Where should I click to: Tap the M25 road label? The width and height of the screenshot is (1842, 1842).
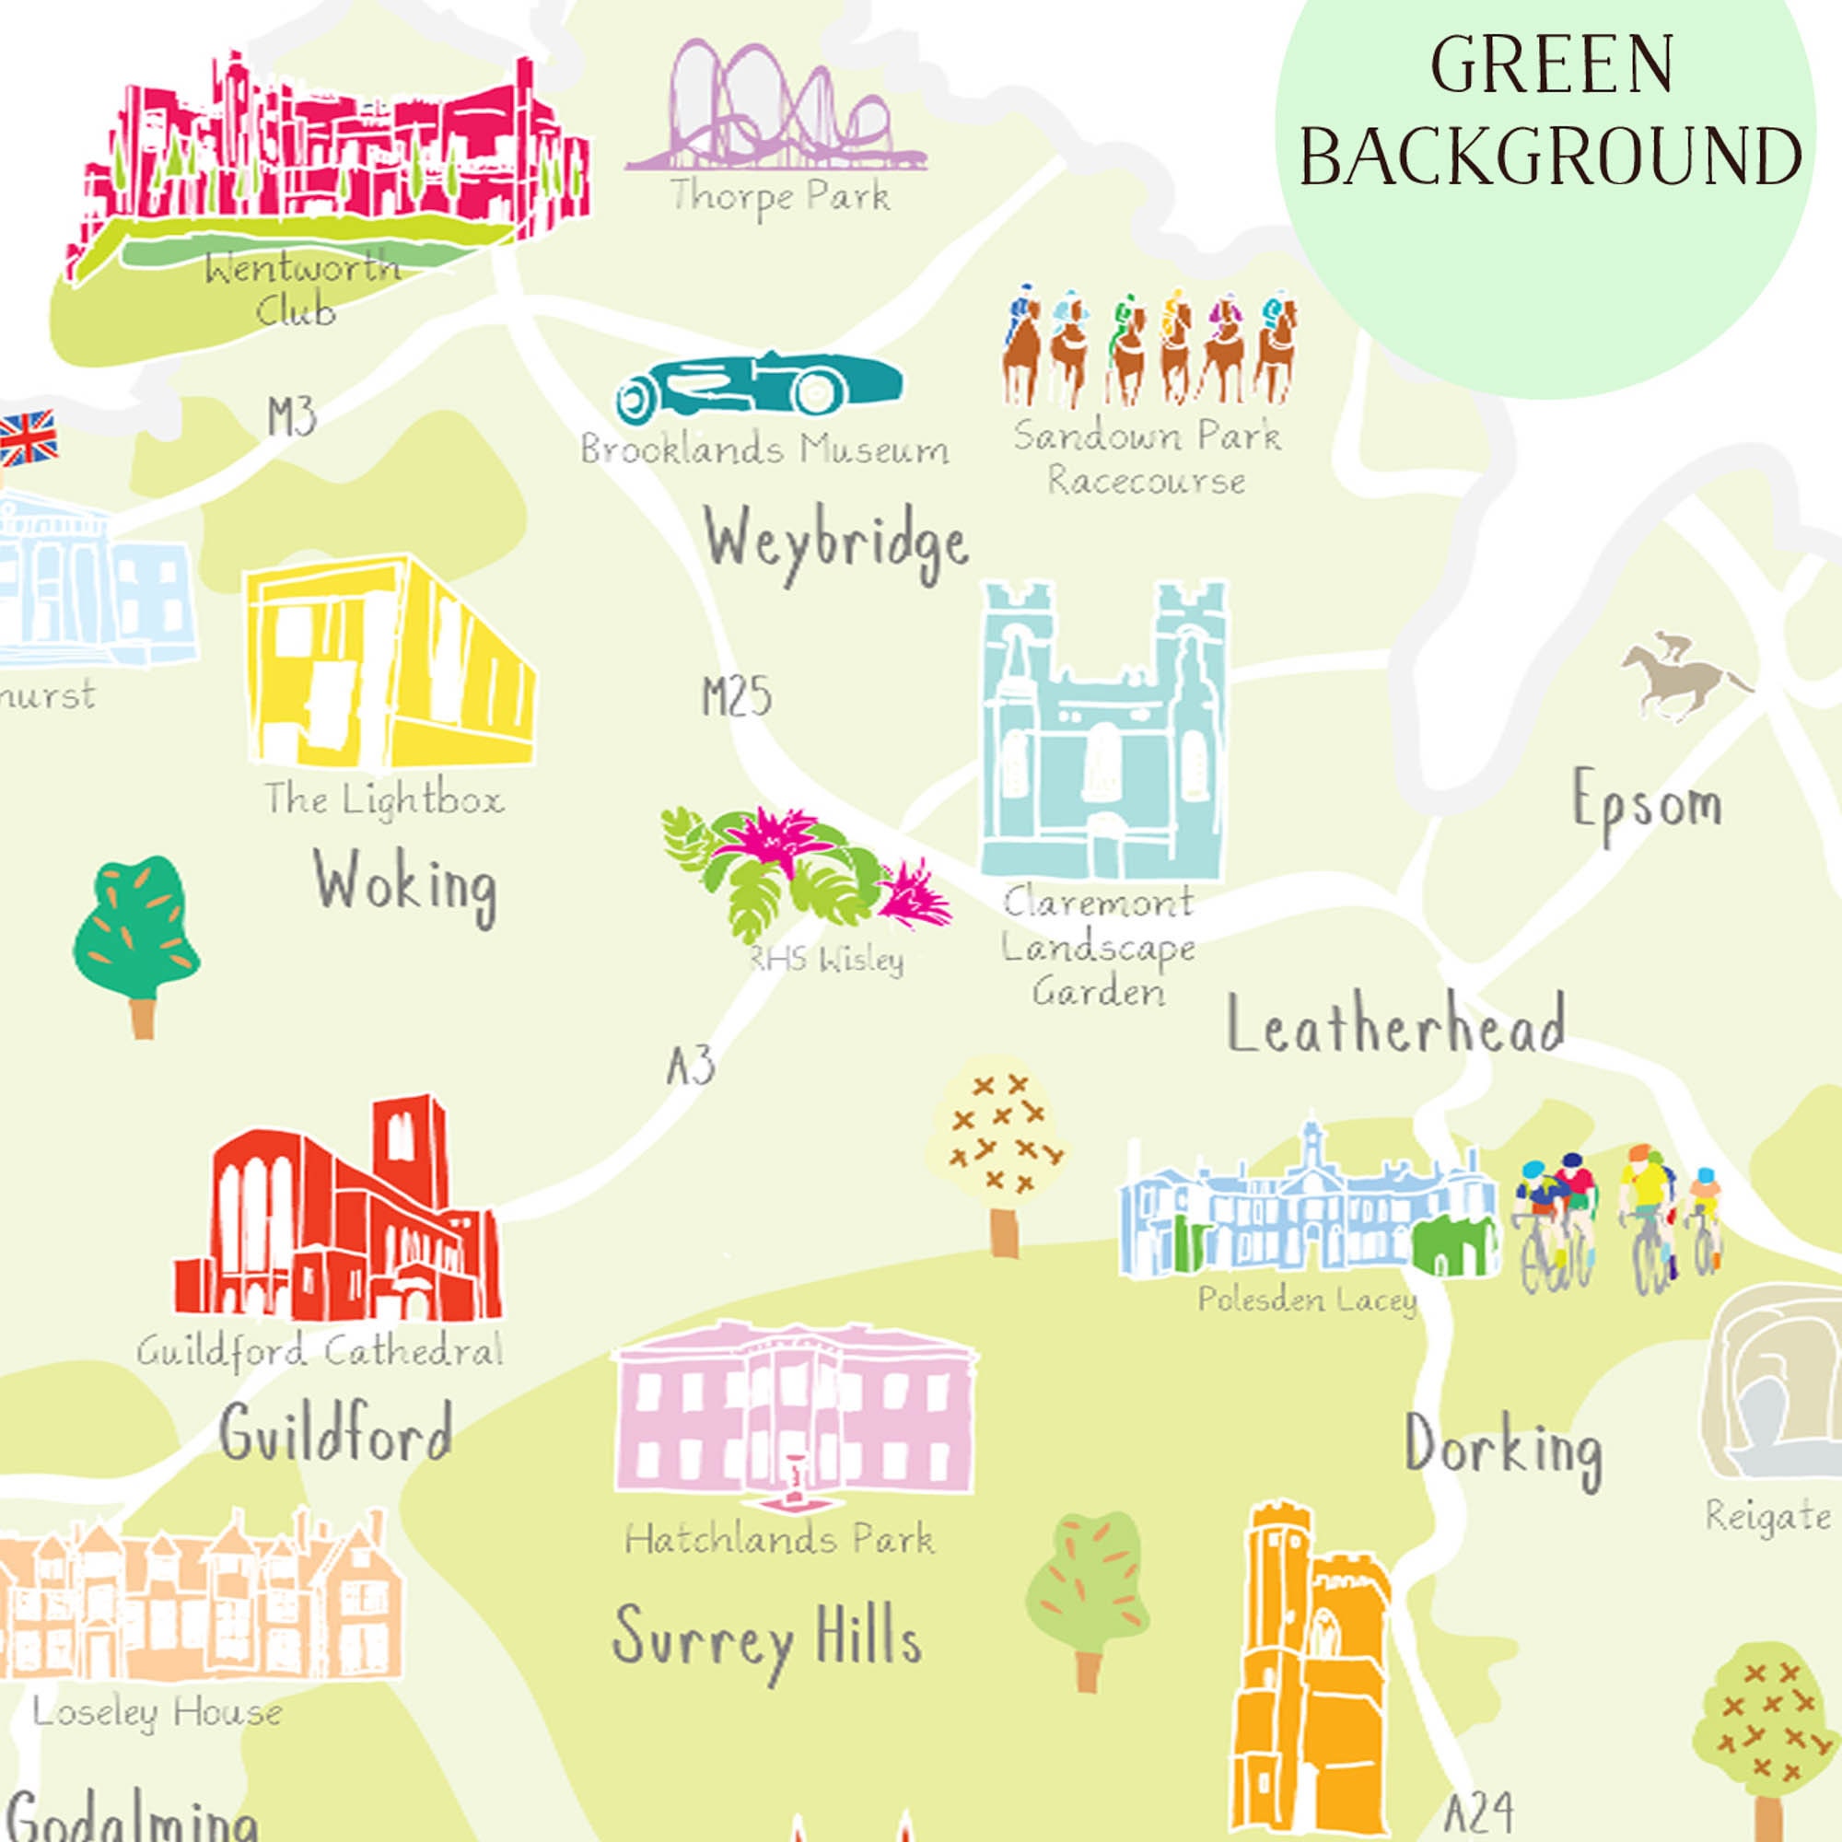[736, 696]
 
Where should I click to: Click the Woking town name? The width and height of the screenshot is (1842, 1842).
[405, 884]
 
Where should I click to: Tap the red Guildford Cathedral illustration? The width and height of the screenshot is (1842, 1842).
[338, 1220]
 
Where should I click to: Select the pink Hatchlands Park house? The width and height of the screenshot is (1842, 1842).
[793, 1414]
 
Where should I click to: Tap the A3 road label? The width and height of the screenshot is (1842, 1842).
[690, 1066]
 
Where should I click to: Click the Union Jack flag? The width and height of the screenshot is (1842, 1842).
[27, 438]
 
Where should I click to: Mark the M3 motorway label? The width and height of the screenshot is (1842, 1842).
[291, 416]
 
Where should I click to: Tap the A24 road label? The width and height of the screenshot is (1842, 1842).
[1478, 1812]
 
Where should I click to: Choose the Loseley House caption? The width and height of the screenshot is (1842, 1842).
[157, 1712]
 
